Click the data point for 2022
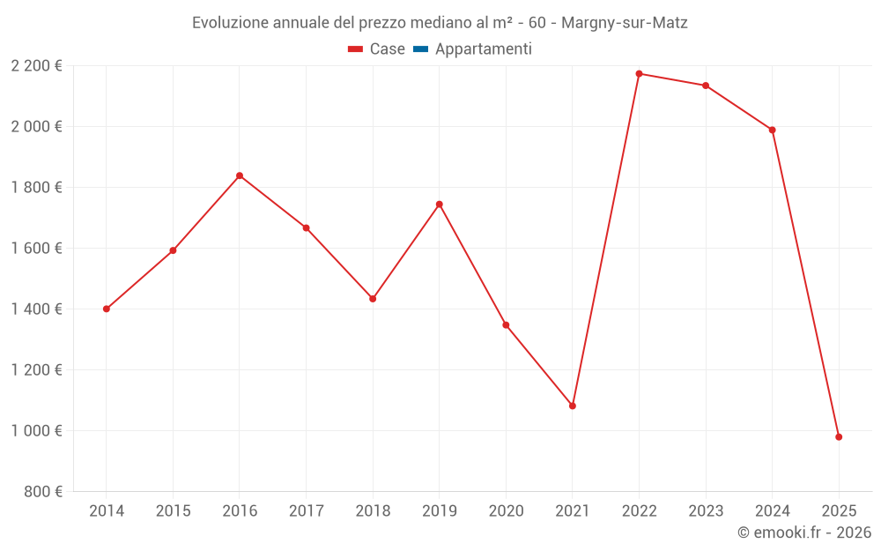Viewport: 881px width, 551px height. (639, 73)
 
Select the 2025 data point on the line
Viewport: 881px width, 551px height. (839, 437)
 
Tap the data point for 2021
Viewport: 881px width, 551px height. (573, 406)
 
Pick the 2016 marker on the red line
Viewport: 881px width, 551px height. (240, 175)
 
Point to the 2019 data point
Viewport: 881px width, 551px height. (440, 204)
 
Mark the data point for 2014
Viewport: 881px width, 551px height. (107, 309)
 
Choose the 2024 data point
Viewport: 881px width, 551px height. (773, 130)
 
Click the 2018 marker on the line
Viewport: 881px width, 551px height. (373, 299)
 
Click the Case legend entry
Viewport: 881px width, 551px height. (377, 49)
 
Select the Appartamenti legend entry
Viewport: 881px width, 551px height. (473, 49)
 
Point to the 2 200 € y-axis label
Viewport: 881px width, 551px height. (36, 65)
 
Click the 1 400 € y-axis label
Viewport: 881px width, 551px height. (36, 309)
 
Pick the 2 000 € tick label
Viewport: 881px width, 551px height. (36, 126)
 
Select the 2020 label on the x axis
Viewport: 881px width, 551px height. (506, 510)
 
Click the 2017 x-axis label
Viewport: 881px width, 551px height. (306, 510)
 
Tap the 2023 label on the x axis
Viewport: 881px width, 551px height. (706, 510)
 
